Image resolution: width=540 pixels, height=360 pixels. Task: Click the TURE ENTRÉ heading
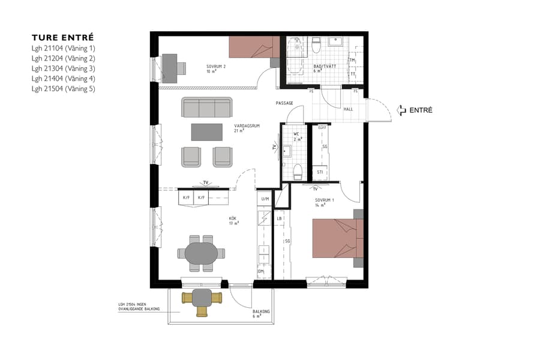pyautogui.click(x=62, y=37)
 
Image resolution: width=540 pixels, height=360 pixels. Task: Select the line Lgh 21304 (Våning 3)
pyautogui.click(x=64, y=68)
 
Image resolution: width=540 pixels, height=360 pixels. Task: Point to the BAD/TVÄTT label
pyautogui.click(x=322, y=67)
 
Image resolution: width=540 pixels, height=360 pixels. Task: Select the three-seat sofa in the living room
pyautogui.click(x=207, y=108)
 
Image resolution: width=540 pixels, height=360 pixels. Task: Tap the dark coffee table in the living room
pyautogui.click(x=207, y=131)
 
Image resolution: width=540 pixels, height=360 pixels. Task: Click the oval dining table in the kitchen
pyautogui.click(x=202, y=253)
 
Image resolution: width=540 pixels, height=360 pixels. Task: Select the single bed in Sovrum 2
pyautogui.click(x=252, y=47)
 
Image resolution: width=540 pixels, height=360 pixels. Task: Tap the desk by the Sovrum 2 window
pyautogui.click(x=173, y=68)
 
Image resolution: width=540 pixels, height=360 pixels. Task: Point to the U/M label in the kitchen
pyautogui.click(x=265, y=198)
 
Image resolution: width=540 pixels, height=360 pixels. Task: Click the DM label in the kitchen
pyautogui.click(x=261, y=272)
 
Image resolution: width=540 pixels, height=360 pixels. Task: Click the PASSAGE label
pyautogui.click(x=284, y=103)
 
